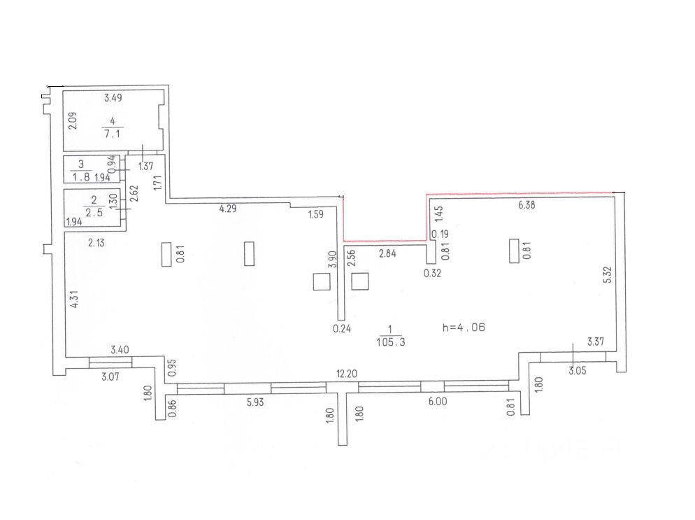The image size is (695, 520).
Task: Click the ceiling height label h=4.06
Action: (x=464, y=327)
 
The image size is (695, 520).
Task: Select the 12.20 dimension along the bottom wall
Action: (x=347, y=374)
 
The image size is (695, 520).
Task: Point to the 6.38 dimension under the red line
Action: (x=527, y=204)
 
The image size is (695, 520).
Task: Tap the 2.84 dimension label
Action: (x=387, y=253)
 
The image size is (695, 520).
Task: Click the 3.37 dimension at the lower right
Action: (x=596, y=342)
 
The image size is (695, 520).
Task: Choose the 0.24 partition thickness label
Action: (x=341, y=326)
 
